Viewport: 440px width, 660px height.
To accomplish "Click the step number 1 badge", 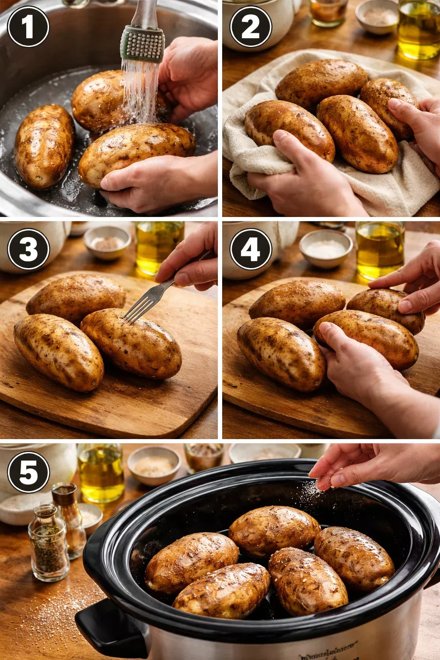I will pyautogui.click(x=28, y=27).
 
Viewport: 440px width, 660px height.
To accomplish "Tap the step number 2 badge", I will pyautogui.click(x=251, y=27).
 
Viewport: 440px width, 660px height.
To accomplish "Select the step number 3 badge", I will pyautogui.click(x=28, y=249).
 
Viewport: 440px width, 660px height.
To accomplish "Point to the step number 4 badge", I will pyautogui.click(x=251, y=249).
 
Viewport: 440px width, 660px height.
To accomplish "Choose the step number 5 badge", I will pyautogui.click(x=28, y=472).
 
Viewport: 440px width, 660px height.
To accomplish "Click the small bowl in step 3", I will pyautogui.click(x=107, y=243).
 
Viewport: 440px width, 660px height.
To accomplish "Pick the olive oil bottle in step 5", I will pyautogui.click(x=101, y=473).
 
